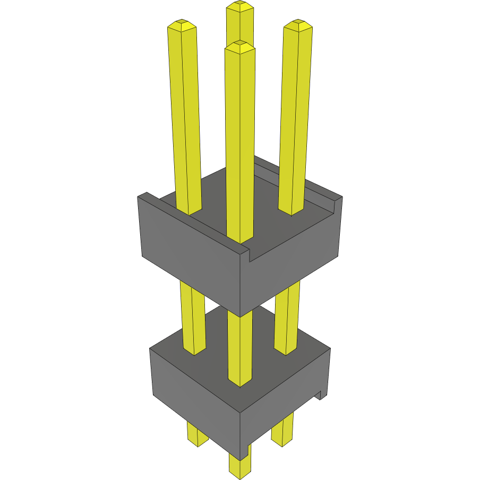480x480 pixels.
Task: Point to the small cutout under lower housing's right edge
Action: (321, 395)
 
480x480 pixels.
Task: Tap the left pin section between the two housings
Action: (193, 319)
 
